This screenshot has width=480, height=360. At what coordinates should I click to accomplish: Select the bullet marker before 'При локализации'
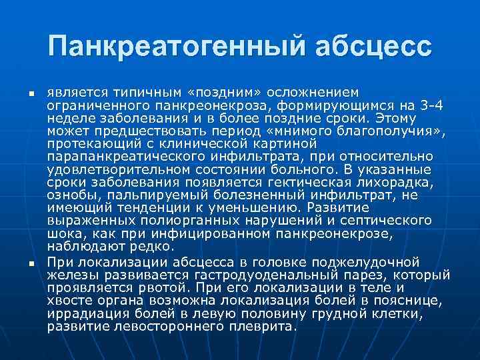[22, 265]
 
